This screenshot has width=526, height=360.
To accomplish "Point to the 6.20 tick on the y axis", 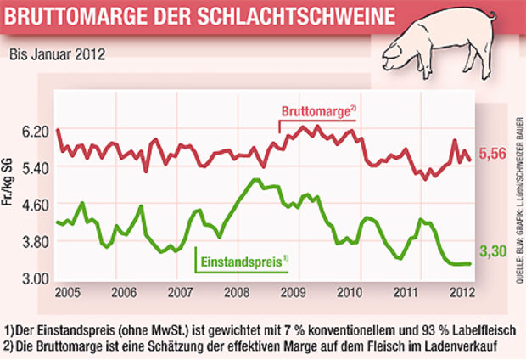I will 36,132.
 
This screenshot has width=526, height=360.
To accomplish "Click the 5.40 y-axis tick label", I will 36,169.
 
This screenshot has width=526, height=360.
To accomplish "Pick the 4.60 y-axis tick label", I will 36,205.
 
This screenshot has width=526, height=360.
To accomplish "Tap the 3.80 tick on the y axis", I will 36,242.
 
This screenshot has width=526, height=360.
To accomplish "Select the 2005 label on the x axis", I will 69,293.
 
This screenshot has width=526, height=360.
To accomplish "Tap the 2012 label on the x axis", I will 458,293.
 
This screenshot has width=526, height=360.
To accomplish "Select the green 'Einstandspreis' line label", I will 243,261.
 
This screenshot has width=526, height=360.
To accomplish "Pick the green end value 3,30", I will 493,252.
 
